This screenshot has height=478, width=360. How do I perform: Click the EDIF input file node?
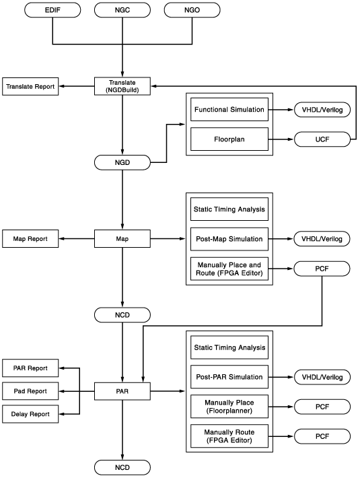pyautogui.click(x=52, y=10)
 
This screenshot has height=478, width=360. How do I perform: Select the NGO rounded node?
pyautogui.click(x=192, y=10)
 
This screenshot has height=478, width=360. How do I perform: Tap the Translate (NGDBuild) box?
pyautogui.click(x=122, y=86)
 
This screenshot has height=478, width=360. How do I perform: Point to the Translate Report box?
pyautogui.click(x=30, y=87)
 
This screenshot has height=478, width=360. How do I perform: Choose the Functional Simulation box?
pyautogui.click(x=229, y=110)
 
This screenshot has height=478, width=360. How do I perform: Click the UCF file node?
pyautogui.click(x=322, y=139)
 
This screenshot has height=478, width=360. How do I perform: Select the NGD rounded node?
pyautogui.click(x=122, y=162)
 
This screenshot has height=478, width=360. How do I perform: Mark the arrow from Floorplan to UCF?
pyautogui.click(x=281, y=139)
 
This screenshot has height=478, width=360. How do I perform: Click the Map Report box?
pyautogui.click(x=30, y=239)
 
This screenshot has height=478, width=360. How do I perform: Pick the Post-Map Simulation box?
pyautogui.click(x=229, y=239)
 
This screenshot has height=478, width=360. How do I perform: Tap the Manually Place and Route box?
pyautogui.click(x=229, y=269)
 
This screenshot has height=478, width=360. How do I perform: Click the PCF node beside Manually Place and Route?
pyautogui.click(x=322, y=269)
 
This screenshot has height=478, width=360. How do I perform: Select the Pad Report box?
pyautogui.click(x=30, y=391)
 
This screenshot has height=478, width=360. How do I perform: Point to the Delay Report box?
pyautogui.click(x=30, y=414)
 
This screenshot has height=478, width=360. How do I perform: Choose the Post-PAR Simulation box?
pyautogui.click(x=229, y=377)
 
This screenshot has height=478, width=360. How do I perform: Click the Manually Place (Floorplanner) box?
pyautogui.click(x=229, y=407)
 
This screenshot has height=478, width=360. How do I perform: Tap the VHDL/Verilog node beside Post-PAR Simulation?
pyautogui.click(x=322, y=377)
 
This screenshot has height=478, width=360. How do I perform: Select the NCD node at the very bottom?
pyautogui.click(x=122, y=467)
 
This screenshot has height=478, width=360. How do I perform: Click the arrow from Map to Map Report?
pyautogui.click(x=77, y=239)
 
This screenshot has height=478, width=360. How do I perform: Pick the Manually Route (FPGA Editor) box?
pyautogui.click(x=229, y=436)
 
